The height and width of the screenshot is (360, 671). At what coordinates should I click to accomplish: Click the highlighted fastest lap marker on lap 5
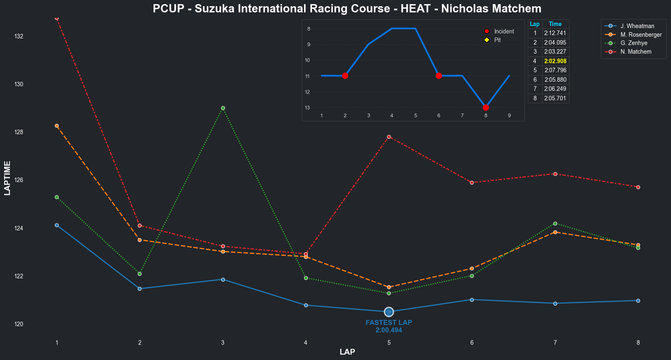389,312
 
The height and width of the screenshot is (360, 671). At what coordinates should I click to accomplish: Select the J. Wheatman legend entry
637,26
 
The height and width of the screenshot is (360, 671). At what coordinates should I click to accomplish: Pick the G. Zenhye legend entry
633,43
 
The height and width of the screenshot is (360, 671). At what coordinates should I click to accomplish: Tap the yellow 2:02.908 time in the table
555,61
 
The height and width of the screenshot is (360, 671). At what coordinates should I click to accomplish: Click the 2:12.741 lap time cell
555,33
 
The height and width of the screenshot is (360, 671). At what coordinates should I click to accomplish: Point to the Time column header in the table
555,24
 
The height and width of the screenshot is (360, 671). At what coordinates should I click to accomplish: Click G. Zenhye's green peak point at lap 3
223,108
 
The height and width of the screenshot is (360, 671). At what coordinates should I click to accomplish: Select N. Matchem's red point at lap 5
389,137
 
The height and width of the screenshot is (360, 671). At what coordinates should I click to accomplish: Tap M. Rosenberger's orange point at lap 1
57,126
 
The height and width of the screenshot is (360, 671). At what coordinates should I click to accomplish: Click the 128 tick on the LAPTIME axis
19,132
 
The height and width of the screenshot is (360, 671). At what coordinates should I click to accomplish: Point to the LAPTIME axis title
7,178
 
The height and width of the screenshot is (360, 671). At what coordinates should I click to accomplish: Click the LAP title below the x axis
347,352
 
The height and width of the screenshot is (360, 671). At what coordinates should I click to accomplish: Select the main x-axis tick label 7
555,343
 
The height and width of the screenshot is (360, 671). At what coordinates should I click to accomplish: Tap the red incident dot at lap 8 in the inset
486,107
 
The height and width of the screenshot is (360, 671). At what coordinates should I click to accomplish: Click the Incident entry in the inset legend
504,31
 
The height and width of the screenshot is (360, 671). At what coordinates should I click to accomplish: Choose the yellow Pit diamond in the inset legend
487,40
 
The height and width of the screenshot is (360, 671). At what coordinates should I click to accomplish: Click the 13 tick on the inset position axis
307,108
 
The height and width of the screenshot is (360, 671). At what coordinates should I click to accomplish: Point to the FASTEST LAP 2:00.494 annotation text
389,326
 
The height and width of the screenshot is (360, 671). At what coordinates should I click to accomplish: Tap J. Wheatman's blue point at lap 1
57,225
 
